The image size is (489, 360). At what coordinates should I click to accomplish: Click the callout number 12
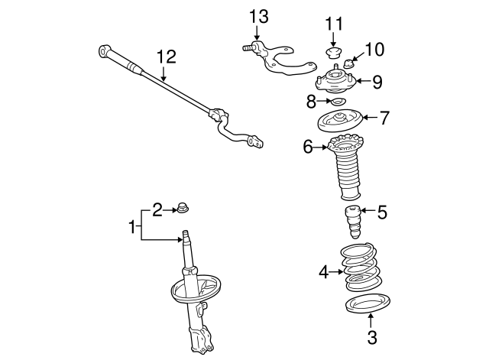point(166,57)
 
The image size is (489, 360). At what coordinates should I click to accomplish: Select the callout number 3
point(372,336)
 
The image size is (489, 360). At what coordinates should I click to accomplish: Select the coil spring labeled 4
point(361,269)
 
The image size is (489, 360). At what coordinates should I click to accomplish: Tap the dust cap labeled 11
point(332,53)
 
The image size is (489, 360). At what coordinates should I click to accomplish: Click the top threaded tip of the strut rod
point(185,235)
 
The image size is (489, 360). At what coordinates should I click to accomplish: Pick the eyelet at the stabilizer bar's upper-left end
point(104,52)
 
